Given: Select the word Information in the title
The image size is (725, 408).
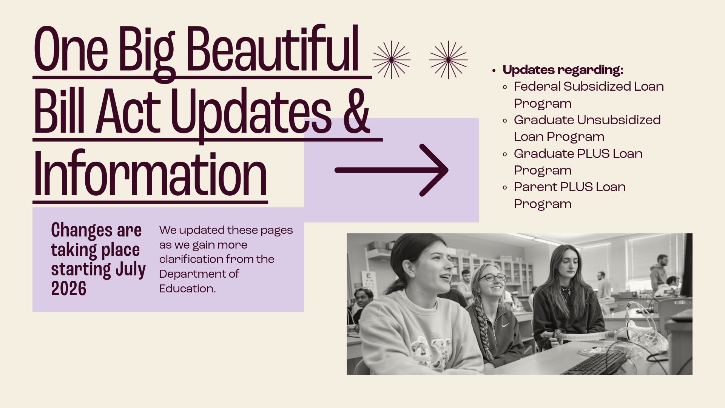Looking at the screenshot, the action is click(x=150, y=173).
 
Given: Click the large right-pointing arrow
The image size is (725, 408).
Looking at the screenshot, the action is click(x=392, y=170).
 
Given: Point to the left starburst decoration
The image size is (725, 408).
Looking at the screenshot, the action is click(x=391, y=60).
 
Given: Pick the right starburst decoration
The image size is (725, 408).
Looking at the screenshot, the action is click(x=448, y=60).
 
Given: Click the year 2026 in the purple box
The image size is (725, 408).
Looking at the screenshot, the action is click(x=69, y=289).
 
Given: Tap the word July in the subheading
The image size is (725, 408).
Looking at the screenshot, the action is click(x=131, y=270).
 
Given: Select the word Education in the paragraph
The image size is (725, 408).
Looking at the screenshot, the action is click(x=187, y=289).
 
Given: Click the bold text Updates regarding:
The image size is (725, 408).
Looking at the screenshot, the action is click(x=563, y=70).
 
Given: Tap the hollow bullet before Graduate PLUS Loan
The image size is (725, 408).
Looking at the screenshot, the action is click(x=505, y=154).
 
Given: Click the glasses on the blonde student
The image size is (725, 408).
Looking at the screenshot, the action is click(x=492, y=278).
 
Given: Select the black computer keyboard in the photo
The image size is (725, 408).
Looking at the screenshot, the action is click(x=595, y=363).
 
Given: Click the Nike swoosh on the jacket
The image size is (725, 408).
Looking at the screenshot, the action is click(x=505, y=325).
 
